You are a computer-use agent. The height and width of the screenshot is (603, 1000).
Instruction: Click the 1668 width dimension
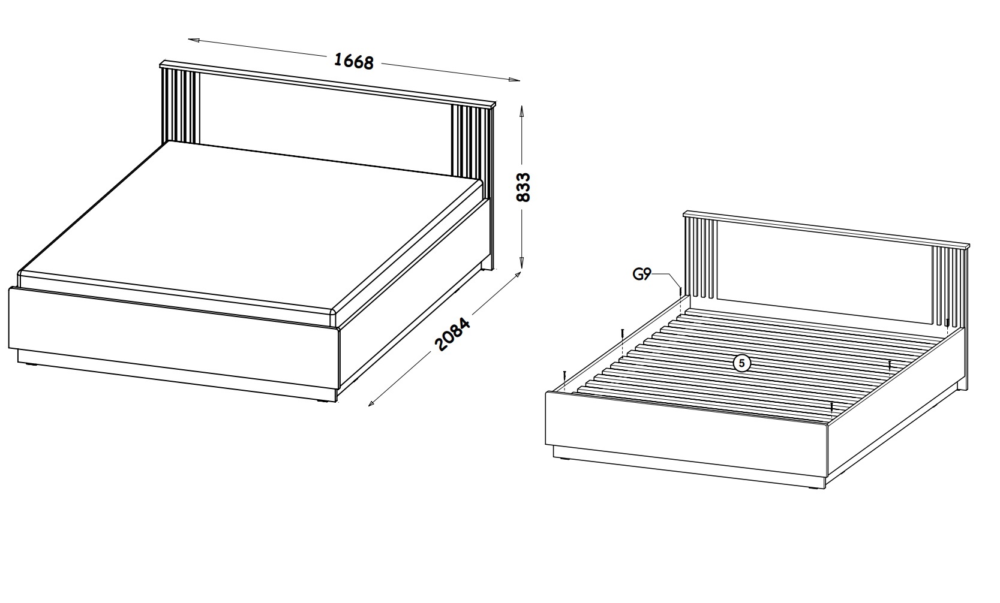click(x=353, y=61)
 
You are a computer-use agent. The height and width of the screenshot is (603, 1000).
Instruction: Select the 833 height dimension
click(x=522, y=188)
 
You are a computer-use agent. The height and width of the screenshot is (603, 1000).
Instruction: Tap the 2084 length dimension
click(x=452, y=334)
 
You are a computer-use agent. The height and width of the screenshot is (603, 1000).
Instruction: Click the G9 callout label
click(x=641, y=274)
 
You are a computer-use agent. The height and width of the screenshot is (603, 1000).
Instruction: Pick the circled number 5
click(x=742, y=363)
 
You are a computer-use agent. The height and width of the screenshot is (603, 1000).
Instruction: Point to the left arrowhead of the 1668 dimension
click(x=193, y=40)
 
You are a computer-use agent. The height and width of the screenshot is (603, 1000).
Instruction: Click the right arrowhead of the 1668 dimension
click(x=514, y=80)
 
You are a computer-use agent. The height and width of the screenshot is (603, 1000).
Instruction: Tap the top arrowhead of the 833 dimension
click(x=521, y=111)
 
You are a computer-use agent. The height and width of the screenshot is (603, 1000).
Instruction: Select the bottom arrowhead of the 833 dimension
click(x=521, y=264)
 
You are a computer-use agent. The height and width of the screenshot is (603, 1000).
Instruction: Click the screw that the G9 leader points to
click(x=680, y=293)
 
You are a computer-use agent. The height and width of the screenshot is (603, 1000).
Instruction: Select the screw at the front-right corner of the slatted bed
click(x=831, y=406)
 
